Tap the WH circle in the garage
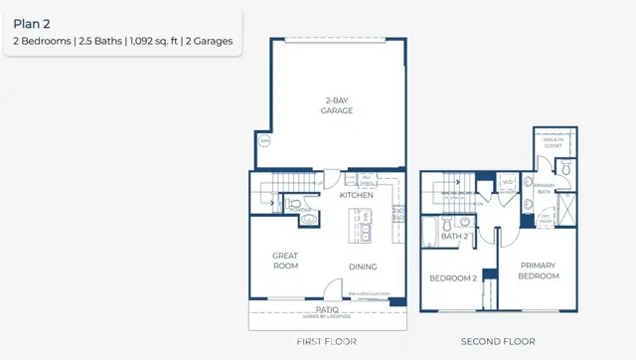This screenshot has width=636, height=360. click(x=265, y=141)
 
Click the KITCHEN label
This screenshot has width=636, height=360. click(x=357, y=196)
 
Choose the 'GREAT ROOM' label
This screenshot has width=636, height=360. click(x=286, y=261)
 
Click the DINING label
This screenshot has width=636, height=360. click(x=363, y=265)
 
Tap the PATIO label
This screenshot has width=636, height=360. click(x=328, y=309)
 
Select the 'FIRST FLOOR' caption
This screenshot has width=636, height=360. click(x=327, y=340)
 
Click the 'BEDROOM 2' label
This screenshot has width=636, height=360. click(x=452, y=277)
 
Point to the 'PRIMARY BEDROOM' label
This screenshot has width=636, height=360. click(x=538, y=271)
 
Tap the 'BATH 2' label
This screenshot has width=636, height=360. click(x=454, y=237)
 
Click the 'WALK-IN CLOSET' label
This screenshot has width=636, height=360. click(x=553, y=144)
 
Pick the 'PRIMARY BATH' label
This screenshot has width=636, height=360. click(x=544, y=188)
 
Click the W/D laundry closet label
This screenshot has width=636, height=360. click(x=507, y=182)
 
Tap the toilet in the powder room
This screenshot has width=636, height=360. click(x=308, y=221)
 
